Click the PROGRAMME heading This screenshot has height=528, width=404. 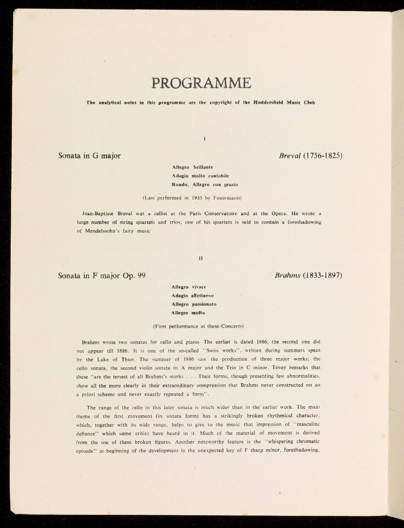201,83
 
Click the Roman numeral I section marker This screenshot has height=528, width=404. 205,138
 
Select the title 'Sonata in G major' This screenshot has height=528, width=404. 89,155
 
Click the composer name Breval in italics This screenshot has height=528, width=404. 290,155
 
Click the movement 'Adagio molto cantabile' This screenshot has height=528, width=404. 200,175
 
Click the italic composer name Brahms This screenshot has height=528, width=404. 287,275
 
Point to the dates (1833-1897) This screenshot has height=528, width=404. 323,275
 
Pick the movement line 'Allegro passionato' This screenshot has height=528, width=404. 194,304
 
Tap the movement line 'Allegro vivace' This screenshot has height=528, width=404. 189,287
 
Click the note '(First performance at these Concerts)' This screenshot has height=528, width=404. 198,326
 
